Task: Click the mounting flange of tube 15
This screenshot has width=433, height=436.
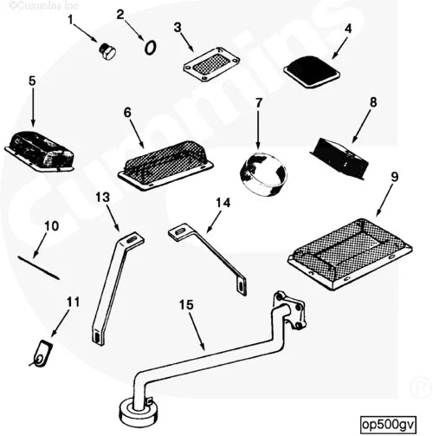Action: [x=288, y=310]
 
